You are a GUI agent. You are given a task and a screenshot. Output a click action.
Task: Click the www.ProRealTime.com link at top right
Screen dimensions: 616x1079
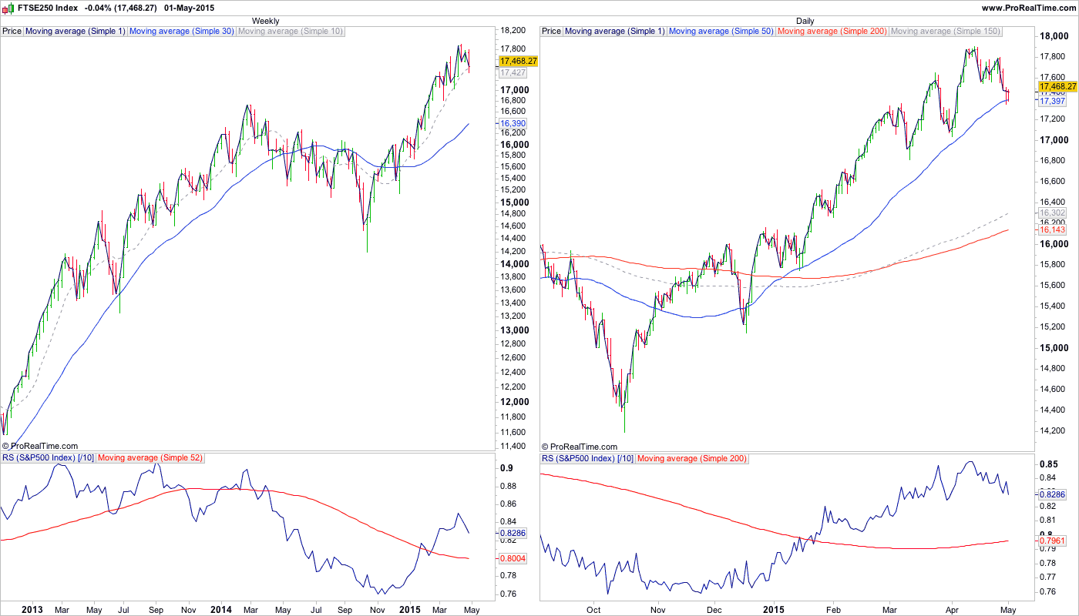1029,8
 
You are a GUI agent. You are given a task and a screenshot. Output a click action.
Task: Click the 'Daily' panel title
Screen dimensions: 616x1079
805,21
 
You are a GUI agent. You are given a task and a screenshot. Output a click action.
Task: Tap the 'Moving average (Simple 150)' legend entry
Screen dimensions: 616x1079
945,32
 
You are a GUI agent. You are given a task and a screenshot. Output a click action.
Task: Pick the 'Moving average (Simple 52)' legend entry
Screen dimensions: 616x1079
150,459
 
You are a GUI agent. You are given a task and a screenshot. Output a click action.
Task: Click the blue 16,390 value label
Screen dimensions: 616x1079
513,123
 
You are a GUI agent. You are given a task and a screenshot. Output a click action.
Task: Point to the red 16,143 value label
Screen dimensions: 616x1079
1052,230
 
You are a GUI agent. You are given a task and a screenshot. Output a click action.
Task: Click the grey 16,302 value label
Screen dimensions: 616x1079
1052,213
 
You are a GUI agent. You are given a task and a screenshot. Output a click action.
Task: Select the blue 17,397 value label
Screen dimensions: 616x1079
1052,102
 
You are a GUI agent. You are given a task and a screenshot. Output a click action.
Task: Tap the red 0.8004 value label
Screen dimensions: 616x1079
513,558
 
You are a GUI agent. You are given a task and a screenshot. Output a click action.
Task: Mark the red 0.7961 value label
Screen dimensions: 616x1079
1052,541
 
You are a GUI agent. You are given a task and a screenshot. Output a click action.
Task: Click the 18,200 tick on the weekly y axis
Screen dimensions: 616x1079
514,31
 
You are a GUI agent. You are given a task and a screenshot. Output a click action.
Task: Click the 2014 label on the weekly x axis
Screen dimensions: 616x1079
220,610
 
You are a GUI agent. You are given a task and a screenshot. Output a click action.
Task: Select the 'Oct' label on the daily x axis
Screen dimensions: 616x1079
593,610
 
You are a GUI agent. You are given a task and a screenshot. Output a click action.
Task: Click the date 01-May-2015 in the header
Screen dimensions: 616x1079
190,8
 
